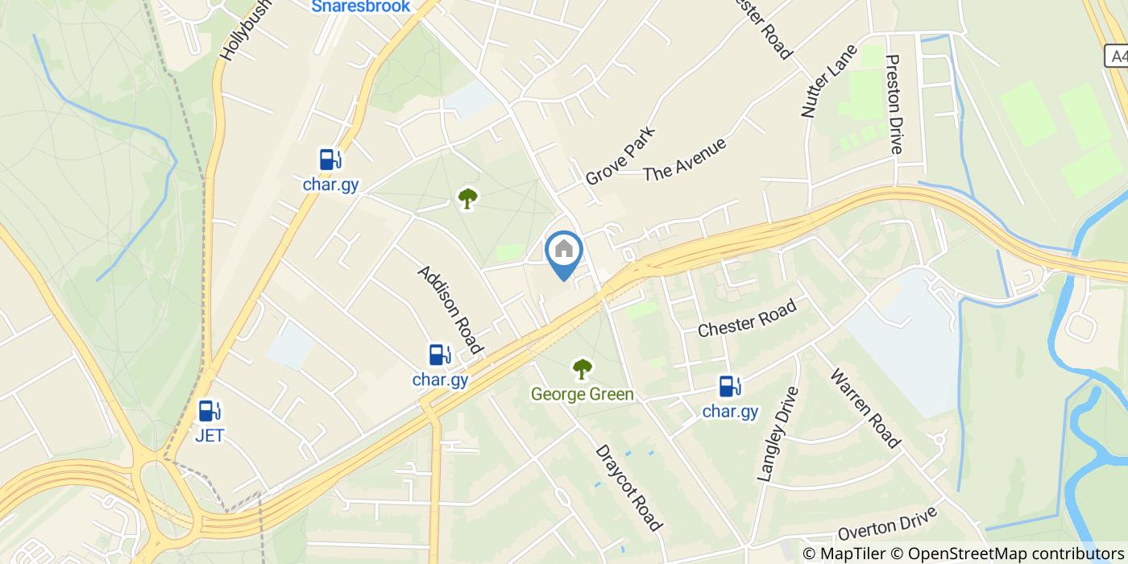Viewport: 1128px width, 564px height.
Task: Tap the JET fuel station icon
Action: pos(209,412)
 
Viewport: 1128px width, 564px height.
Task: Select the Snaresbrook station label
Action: pos(361,6)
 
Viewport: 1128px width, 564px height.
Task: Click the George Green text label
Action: pos(582,394)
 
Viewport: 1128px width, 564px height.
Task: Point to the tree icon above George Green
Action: pos(582,370)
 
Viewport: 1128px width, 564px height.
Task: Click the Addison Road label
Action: pos(450,309)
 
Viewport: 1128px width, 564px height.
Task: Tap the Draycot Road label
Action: pos(628,487)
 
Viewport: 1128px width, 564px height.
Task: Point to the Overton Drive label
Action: pos(888,524)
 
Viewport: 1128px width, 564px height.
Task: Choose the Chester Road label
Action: pos(747,318)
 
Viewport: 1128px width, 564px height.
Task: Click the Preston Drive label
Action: pos(894,104)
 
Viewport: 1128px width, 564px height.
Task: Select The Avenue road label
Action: pos(685,160)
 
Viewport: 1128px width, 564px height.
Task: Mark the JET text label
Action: pos(209,436)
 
